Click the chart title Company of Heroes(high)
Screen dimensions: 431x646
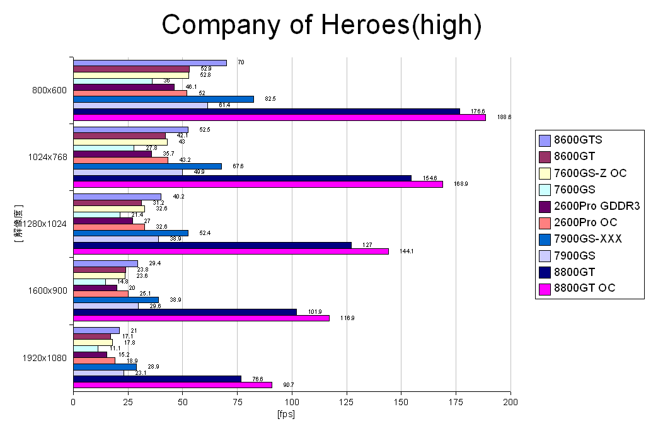coord(322,25)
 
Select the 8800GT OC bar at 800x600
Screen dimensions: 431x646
coord(279,117)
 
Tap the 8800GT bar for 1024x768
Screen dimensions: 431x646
coord(243,178)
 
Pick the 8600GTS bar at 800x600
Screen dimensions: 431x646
coord(150,63)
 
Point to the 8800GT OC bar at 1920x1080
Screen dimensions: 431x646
coord(173,385)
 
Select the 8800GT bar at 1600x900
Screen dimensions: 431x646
coord(185,312)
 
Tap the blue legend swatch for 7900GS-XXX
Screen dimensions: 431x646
coord(545,239)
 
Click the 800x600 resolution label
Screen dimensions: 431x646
coord(49,90)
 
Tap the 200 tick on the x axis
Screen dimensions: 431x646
coord(510,401)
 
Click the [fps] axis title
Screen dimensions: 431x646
coord(286,414)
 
